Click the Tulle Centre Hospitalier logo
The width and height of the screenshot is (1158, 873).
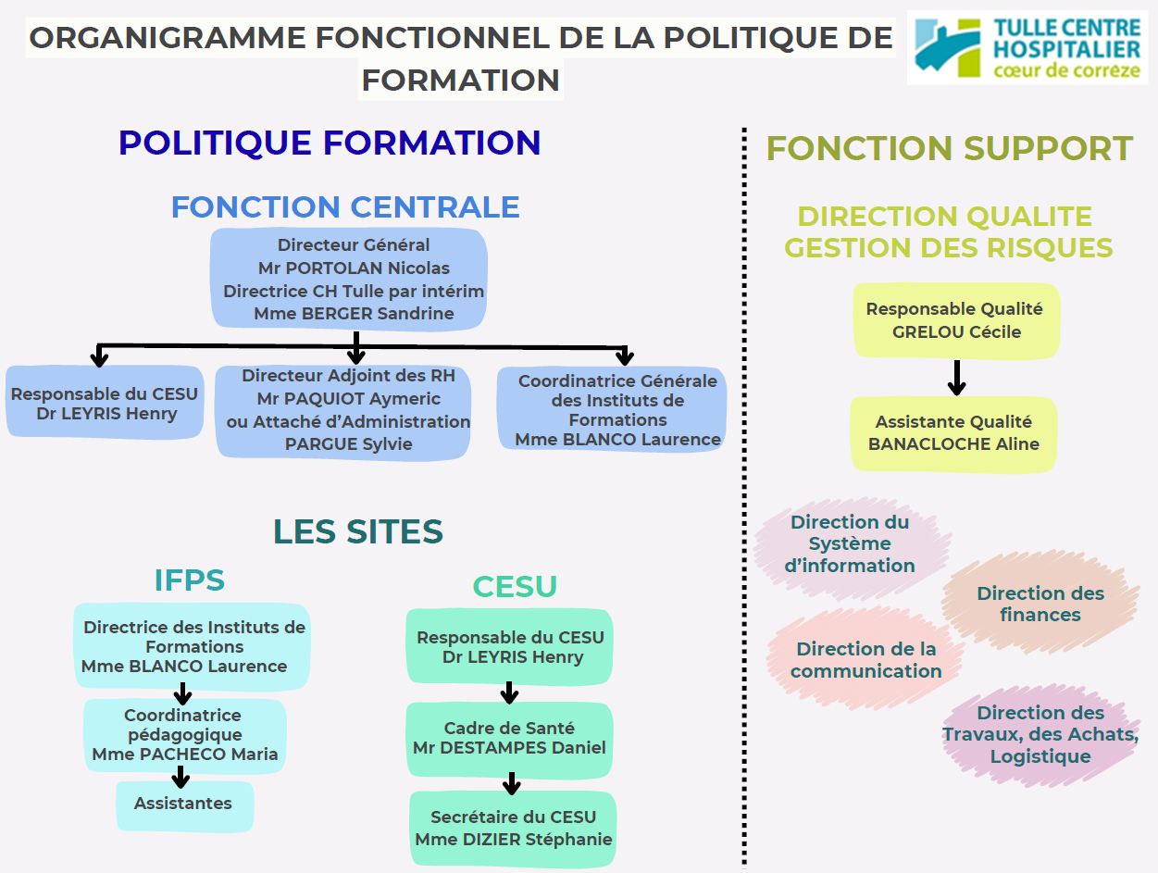(1027, 47)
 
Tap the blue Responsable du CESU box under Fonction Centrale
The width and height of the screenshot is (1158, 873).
(104, 404)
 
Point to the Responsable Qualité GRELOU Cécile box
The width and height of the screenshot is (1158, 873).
(954, 320)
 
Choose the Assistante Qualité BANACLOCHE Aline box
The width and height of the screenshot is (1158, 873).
(953, 433)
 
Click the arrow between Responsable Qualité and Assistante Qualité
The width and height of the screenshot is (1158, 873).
(957, 377)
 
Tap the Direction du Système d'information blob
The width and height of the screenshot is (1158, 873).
(850, 543)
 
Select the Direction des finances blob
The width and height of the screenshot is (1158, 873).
(1040, 604)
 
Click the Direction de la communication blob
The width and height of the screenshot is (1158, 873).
(865, 660)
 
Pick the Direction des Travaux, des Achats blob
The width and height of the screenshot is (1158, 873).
(1040, 734)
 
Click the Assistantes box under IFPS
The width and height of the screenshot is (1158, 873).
(183, 804)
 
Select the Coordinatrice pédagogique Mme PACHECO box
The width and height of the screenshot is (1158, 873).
(184, 735)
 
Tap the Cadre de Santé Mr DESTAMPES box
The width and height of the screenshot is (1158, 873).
(509, 739)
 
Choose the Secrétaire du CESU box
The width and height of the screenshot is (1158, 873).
(513, 829)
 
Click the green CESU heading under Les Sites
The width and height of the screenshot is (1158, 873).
(515, 587)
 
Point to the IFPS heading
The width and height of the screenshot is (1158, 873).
(189, 580)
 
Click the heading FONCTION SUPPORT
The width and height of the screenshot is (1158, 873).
(949, 148)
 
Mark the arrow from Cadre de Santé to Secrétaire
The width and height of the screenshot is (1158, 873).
(511, 784)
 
